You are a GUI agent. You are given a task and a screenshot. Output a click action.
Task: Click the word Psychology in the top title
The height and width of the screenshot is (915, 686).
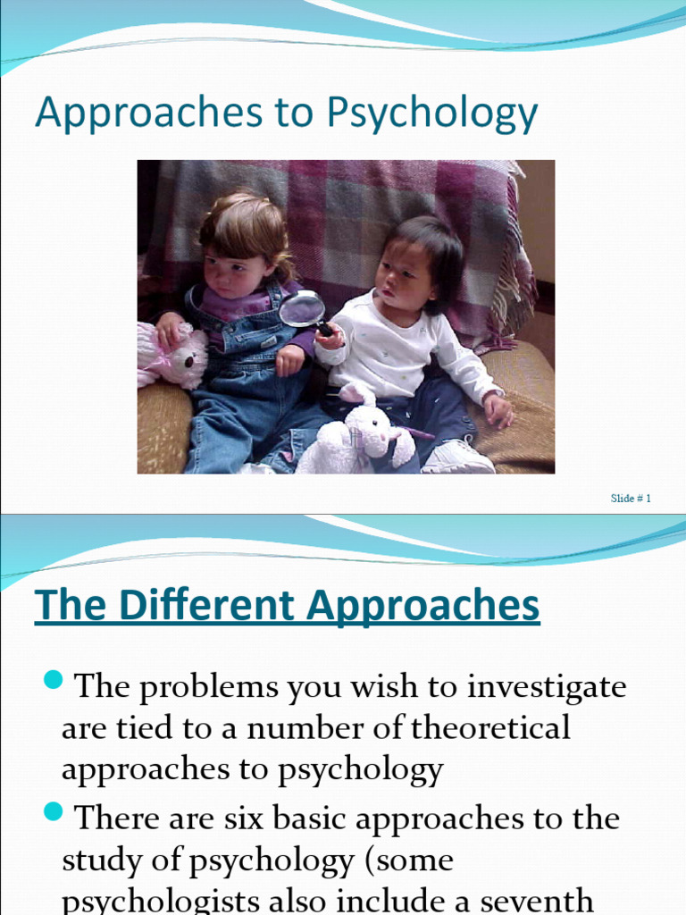click(432, 114)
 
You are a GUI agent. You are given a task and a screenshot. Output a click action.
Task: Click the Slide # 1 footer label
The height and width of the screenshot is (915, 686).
click(631, 498)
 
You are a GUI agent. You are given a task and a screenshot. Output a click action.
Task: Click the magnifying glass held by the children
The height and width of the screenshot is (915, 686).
click(304, 309)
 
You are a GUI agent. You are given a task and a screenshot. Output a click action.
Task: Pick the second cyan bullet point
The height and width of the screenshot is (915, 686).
click(52, 812)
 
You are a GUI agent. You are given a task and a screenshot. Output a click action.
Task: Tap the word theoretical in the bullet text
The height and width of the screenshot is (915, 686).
click(490, 728)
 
